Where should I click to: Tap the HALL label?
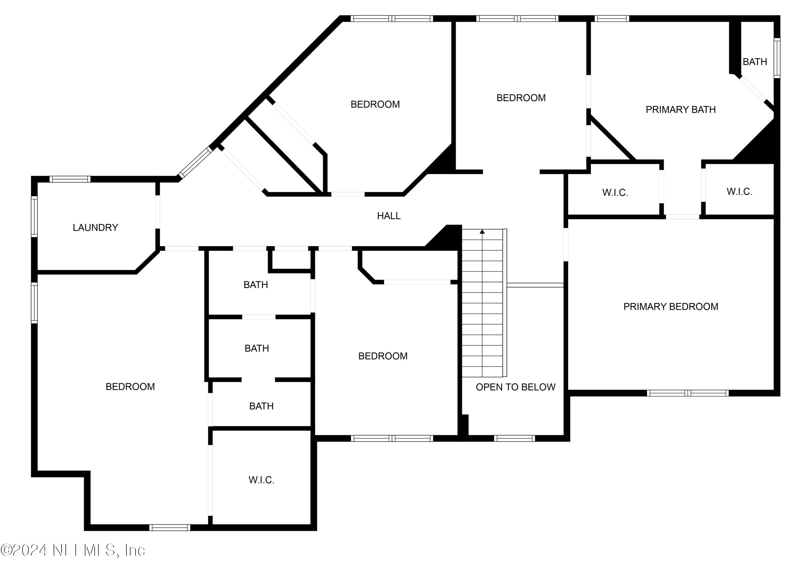point(388,216)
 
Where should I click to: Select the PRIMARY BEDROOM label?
point(670,307)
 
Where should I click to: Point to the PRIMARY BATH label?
point(680,110)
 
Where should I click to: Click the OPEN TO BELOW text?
point(515,387)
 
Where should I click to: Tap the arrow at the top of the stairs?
point(482,232)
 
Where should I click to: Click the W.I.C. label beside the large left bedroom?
point(261,480)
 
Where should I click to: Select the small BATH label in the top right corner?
point(755,62)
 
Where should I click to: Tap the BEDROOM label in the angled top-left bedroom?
point(375,105)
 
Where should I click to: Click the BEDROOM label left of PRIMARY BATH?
point(521,98)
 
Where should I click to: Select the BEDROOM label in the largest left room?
point(130,387)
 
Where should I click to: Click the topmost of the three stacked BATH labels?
point(255,285)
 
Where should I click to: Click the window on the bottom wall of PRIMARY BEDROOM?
point(688,393)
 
